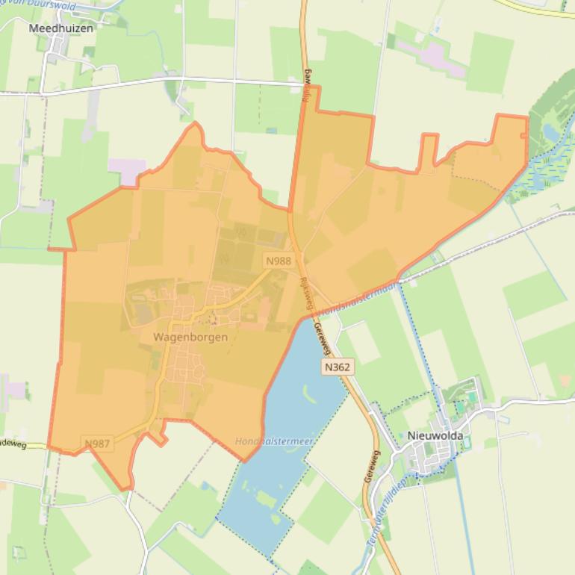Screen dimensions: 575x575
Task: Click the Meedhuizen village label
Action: coord(62,28)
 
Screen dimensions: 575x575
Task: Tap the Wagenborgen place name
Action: coord(190,337)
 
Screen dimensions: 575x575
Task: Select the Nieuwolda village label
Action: coord(435,435)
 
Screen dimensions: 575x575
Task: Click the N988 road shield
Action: coord(278,261)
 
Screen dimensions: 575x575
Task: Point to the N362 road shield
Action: coord(338,367)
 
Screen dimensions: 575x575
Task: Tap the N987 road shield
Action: coord(98,444)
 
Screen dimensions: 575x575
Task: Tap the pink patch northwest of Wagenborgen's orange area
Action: coord(127,170)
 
